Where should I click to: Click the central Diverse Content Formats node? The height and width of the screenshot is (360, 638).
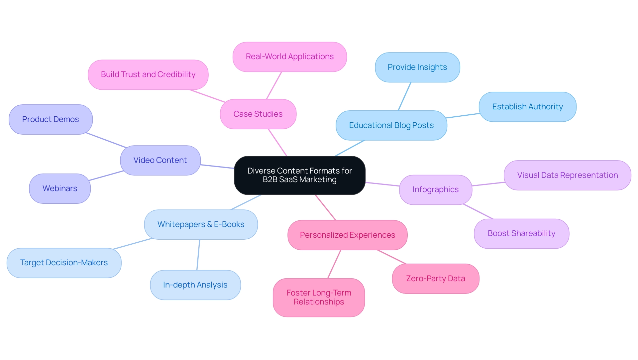(299, 175)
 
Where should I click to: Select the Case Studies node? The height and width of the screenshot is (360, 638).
(258, 114)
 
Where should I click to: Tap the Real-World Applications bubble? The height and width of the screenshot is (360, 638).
(289, 57)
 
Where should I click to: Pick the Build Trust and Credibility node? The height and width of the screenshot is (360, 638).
(148, 75)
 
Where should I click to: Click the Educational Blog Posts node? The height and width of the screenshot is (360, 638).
(391, 125)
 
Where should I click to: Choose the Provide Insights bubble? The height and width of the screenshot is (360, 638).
(417, 67)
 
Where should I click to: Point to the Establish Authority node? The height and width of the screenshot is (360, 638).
(527, 107)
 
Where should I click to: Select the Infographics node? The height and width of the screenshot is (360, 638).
(435, 190)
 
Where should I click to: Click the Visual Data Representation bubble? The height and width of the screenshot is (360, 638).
(567, 175)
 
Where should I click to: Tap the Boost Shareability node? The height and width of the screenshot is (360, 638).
(521, 233)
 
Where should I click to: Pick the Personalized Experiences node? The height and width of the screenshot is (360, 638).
(347, 235)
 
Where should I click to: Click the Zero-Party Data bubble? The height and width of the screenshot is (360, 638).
(435, 279)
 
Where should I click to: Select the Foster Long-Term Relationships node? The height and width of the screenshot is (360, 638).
(319, 298)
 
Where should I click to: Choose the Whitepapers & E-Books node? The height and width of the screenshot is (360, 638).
(201, 224)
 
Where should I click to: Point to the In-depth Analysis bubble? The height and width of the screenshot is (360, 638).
(195, 285)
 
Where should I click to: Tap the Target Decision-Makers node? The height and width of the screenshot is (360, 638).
(64, 263)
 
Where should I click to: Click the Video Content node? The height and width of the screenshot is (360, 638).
(160, 160)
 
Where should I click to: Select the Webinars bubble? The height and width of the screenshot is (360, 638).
(60, 188)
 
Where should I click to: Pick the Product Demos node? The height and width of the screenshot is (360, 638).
(51, 119)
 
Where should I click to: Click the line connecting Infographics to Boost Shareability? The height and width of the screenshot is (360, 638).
(478, 211)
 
